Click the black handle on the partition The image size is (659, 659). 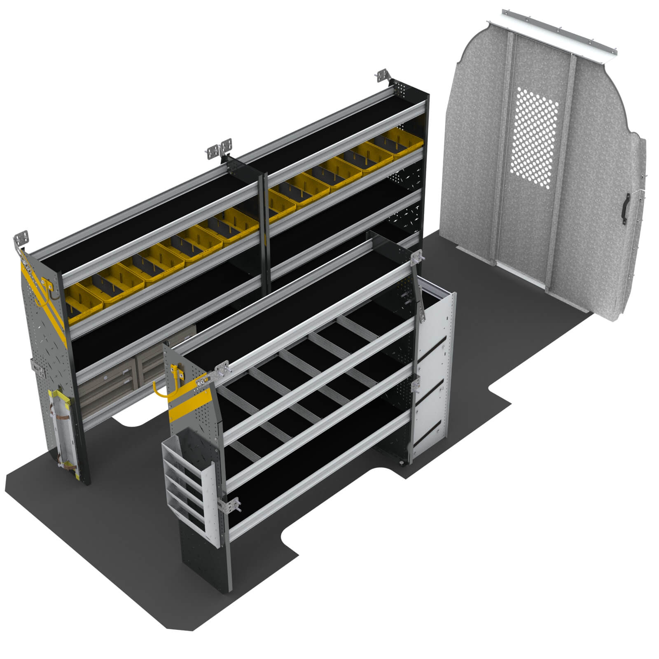tap(626, 210)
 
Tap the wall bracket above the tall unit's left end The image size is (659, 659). tap(21, 241)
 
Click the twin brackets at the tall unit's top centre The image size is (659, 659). tap(220, 149)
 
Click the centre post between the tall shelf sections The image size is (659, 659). tap(264, 231)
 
